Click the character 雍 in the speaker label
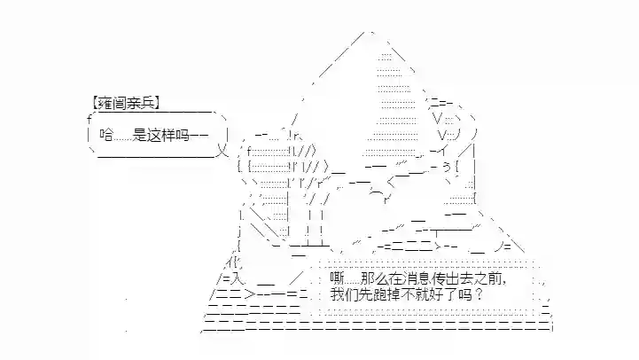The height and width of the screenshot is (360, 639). pos(105,103)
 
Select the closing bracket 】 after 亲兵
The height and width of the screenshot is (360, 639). pos(157,103)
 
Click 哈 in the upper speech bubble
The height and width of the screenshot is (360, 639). pos(106,135)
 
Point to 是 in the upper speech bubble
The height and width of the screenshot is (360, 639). pos(139,135)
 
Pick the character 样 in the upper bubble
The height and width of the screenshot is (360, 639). pos(168,135)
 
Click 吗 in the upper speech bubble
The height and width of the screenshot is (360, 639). pos(183,135)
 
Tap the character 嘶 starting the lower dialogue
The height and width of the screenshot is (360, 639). pos(337,279)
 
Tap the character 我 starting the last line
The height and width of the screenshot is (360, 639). pos(338,294)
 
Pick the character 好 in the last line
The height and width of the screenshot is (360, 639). pos(440,294)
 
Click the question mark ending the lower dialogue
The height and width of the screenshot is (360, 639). pos(479,294)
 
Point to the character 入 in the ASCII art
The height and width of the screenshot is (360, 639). pos(238,279)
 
